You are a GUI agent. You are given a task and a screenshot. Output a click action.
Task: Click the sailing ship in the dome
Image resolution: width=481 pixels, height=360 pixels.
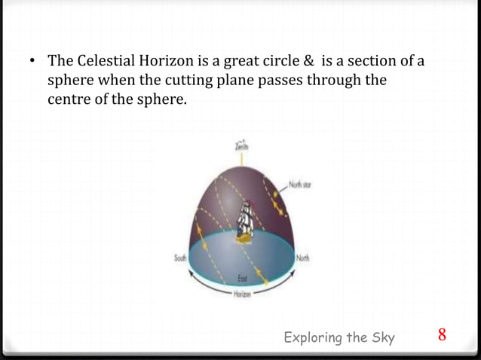click(244, 220)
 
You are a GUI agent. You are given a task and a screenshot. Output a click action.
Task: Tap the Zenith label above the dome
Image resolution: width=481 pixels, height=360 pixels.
click(241, 148)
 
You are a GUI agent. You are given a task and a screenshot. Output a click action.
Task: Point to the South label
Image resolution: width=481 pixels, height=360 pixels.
click(180, 258)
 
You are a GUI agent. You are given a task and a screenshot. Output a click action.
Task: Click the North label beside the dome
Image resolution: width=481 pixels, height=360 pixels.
click(303, 258)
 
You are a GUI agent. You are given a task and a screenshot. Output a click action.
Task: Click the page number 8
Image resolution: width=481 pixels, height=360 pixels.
click(443, 334)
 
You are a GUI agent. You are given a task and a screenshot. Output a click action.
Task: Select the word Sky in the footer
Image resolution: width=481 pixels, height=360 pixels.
click(382, 337)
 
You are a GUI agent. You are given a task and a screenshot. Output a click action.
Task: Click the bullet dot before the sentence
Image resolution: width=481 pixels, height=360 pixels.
click(34, 61)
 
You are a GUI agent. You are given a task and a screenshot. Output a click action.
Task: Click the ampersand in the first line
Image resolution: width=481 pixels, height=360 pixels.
click(305, 60)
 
